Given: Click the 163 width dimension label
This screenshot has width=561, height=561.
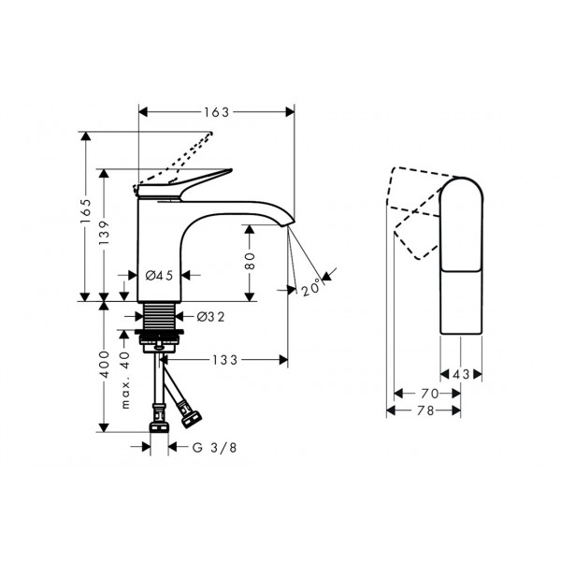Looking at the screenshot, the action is click(x=217, y=112).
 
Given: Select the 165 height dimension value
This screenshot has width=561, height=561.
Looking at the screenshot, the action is click(x=85, y=211).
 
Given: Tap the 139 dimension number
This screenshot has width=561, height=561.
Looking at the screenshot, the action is click(x=104, y=233).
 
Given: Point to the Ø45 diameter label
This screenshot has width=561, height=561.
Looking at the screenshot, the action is click(x=159, y=275).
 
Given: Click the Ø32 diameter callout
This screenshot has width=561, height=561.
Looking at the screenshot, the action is click(x=211, y=317).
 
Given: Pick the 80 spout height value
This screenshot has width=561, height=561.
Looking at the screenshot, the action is click(x=250, y=261).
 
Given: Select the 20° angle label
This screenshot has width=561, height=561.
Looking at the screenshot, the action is click(x=311, y=287).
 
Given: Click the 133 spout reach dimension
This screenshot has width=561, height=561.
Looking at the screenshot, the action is click(x=225, y=360).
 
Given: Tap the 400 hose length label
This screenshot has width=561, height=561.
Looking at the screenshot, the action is click(x=104, y=365).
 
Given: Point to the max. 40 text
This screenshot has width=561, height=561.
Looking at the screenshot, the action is click(x=125, y=380).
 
